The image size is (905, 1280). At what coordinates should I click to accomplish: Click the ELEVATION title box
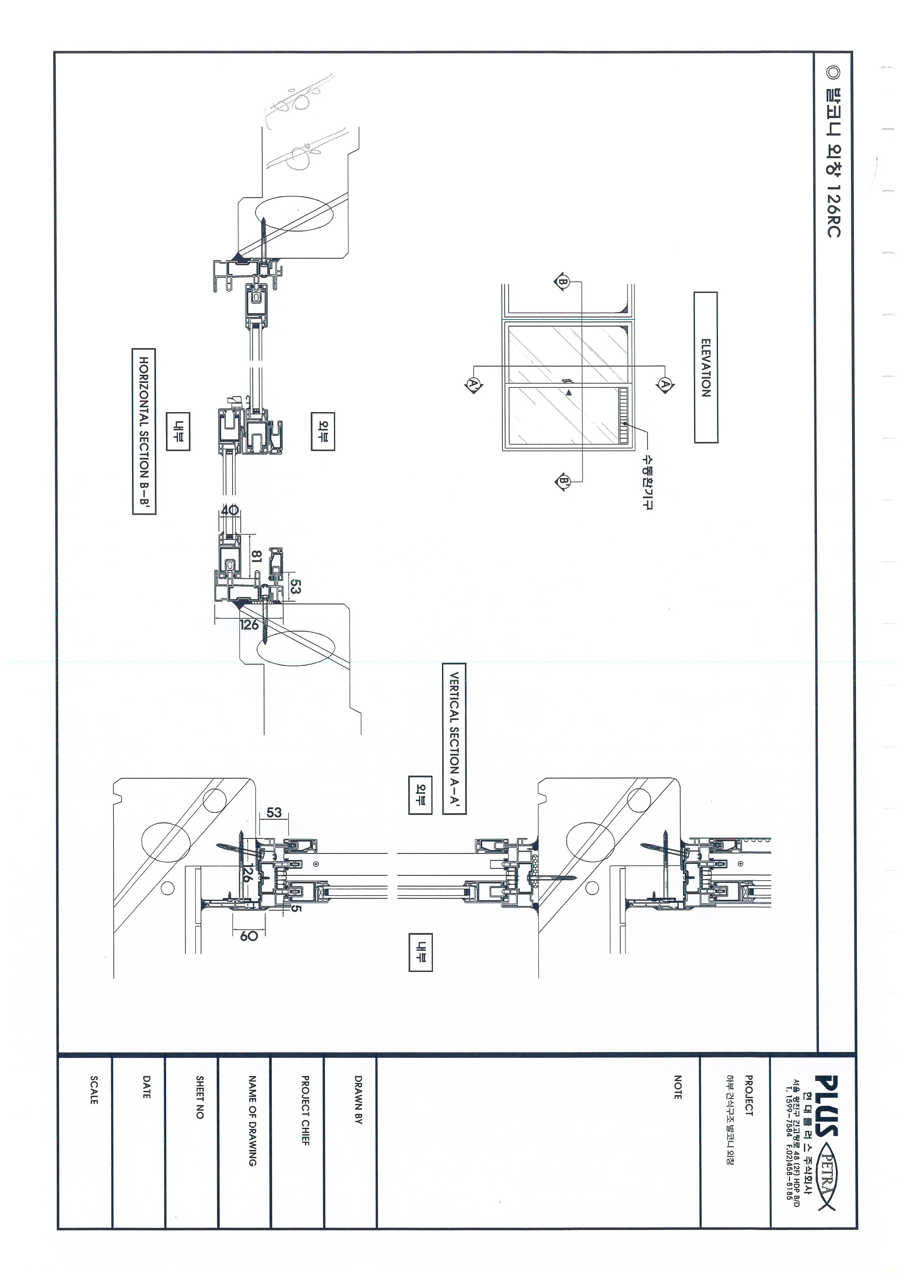tap(706, 367)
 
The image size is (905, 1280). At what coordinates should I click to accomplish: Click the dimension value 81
tap(256, 556)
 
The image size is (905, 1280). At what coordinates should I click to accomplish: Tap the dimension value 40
tap(229, 510)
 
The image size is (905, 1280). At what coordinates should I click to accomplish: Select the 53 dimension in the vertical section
tap(274, 812)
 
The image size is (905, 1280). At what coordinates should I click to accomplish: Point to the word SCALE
tap(93, 1090)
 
